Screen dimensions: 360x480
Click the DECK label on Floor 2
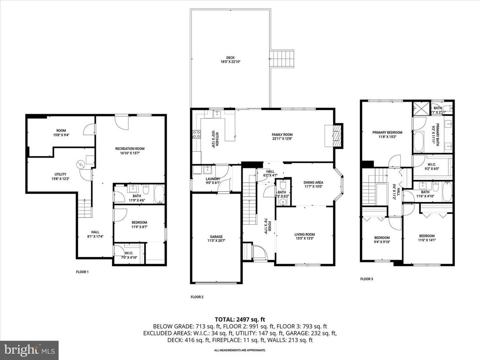[x=230, y=57]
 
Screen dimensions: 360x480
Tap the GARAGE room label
[x=216, y=236]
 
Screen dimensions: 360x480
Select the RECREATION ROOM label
[x=130, y=149]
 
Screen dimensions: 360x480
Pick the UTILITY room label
[x=60, y=174]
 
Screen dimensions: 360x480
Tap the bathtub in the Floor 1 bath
[x=159, y=194]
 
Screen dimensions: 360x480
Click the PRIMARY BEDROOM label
[x=387, y=133]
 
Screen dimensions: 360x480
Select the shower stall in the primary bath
[x=421, y=108]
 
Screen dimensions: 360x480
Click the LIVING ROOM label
[x=304, y=234]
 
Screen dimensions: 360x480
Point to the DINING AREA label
[x=313, y=182]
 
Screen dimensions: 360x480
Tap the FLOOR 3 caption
[x=367, y=279]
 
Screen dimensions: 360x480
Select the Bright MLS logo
[x=29, y=348]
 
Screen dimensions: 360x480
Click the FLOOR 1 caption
[x=82, y=272]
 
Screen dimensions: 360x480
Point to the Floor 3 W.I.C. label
[x=432, y=166]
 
